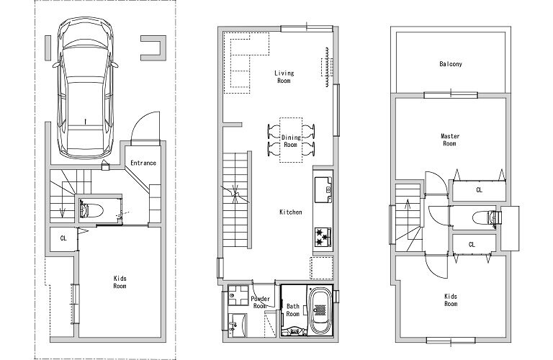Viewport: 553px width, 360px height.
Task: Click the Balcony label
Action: [x=450, y=64]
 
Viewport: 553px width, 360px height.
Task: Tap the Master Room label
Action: [x=449, y=140]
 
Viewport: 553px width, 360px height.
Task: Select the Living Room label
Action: [x=284, y=76]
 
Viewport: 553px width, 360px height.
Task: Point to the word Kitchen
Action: [x=291, y=212]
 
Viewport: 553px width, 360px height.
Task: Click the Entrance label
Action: [x=143, y=163]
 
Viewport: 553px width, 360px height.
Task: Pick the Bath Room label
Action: [x=293, y=310]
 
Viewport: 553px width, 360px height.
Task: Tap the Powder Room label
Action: [x=260, y=302]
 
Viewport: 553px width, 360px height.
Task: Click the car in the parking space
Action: [x=86, y=87]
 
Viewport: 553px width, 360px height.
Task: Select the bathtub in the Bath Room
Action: [x=320, y=310]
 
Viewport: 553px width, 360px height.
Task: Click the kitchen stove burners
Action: [x=323, y=237]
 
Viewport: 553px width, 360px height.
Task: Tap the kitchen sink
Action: [x=323, y=189]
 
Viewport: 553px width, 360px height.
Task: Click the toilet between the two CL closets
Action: [x=486, y=217]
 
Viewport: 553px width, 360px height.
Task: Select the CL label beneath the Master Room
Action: [x=479, y=189]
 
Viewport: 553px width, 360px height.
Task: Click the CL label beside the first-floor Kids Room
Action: [x=63, y=238]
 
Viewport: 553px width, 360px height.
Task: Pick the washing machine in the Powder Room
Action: [x=238, y=294]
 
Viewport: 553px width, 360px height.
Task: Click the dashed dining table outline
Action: [x=291, y=140]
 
